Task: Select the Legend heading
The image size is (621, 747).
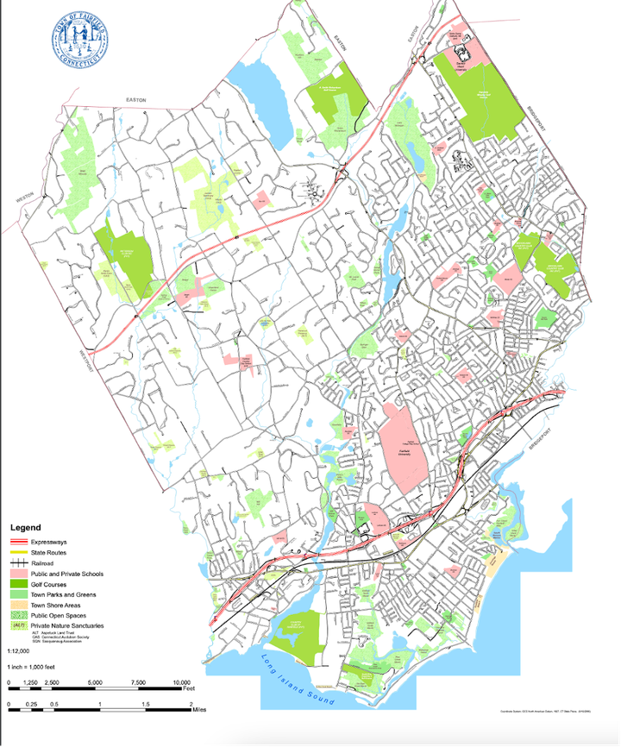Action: point(25,526)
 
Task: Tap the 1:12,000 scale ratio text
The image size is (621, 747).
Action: point(17,652)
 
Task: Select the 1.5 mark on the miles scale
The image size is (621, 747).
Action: point(146,705)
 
